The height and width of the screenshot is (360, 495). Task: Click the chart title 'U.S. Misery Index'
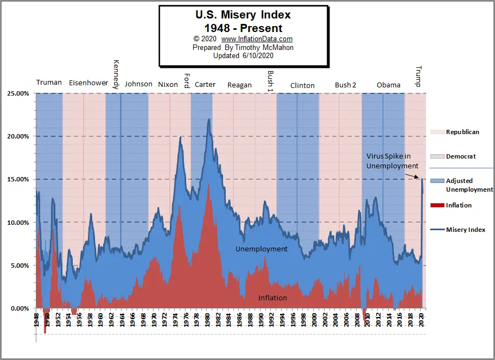point(243,15)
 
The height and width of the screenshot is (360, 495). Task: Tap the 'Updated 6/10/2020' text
point(243,55)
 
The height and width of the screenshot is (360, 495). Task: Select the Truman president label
point(49,83)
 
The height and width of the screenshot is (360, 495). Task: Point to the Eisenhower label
point(88,83)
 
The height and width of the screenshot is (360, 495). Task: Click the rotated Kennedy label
point(116,74)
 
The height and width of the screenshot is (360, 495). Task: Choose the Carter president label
point(205,84)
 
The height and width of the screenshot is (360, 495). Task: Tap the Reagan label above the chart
point(239,85)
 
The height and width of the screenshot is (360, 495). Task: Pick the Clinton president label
point(302,85)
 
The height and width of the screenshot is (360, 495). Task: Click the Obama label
point(389,85)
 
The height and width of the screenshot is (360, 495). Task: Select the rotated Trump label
point(418,76)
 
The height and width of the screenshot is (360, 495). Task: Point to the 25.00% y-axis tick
point(18,93)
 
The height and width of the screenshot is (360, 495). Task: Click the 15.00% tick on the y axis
point(18,179)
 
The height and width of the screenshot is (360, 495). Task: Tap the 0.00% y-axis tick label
point(20,308)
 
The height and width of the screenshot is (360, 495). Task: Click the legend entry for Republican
point(462,132)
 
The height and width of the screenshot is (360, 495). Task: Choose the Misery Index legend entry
point(465,230)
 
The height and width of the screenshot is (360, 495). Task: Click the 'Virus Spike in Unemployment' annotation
point(392,161)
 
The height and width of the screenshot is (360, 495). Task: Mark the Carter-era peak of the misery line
point(209,119)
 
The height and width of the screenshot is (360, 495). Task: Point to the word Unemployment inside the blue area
point(261,249)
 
